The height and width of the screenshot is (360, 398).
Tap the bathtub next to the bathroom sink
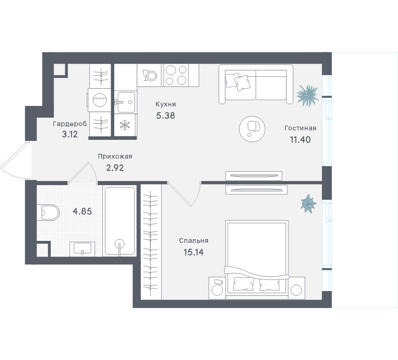pyautogui.click(x=119, y=221)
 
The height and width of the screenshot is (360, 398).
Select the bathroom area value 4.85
pyautogui.click(x=82, y=211)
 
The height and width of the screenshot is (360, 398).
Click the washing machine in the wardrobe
pyautogui.click(x=99, y=100)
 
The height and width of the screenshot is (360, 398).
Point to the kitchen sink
pyautogui.click(x=125, y=102)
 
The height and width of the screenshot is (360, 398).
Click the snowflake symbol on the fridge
pyautogui.click(x=125, y=125)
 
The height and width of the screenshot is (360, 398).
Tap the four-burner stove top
pyautogui.click(x=176, y=75)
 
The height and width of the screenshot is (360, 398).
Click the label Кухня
pyautogui.click(x=165, y=104)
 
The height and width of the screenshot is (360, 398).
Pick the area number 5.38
pyautogui.click(x=165, y=116)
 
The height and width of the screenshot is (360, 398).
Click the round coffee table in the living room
pyautogui.click(x=252, y=129)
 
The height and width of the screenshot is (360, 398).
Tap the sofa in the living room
pyautogui.click(x=256, y=84)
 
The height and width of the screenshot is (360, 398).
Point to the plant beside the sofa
pyautogui.click(x=308, y=96)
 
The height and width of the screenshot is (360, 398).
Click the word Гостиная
pyautogui.click(x=300, y=128)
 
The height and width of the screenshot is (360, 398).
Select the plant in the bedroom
pyautogui.click(x=309, y=203)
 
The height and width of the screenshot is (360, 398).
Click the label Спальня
pyautogui.click(x=194, y=241)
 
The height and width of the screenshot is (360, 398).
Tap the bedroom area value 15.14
pyautogui.click(x=194, y=252)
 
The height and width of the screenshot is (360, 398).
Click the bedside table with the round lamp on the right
pyautogui.click(x=296, y=288)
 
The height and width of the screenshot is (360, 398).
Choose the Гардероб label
pyautogui.click(x=70, y=124)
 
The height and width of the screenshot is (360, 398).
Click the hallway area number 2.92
pyautogui.click(x=115, y=168)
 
